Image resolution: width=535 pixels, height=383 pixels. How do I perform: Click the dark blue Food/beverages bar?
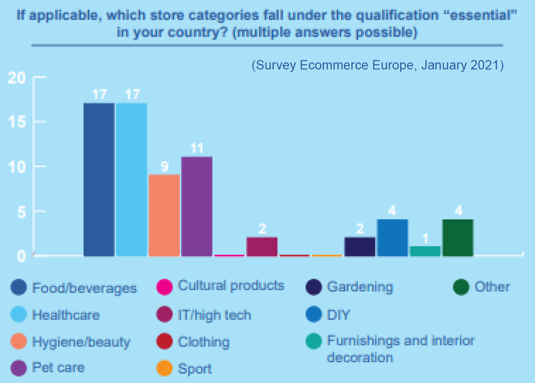(x=99, y=179)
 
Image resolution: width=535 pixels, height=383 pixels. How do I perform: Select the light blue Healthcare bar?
(x=132, y=179)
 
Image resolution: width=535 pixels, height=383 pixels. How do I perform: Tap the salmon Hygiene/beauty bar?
(x=164, y=215)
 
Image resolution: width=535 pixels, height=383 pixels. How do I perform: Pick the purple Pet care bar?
(x=197, y=206)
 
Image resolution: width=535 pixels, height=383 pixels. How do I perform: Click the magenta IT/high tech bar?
(x=262, y=246)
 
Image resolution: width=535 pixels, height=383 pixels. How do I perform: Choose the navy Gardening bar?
(x=360, y=246)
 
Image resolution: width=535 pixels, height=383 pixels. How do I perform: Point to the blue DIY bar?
(x=392, y=237)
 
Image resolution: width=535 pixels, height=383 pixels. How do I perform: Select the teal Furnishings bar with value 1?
(x=425, y=251)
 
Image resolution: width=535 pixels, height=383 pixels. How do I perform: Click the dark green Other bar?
(x=458, y=237)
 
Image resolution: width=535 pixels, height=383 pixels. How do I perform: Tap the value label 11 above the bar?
(x=197, y=148)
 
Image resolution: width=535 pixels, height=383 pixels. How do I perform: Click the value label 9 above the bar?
(x=165, y=167)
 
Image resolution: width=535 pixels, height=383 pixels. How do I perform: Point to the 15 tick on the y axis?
(x=17, y=122)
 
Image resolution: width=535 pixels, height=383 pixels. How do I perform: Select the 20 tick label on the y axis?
(x=17, y=78)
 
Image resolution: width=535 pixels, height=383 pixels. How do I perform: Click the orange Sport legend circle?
(x=164, y=368)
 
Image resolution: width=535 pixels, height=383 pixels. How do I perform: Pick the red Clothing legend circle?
(x=164, y=341)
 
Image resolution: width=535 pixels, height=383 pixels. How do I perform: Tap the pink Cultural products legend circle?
(x=164, y=287)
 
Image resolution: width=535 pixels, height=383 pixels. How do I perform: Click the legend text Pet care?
(x=58, y=368)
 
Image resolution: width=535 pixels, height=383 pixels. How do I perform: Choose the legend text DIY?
(x=338, y=315)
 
